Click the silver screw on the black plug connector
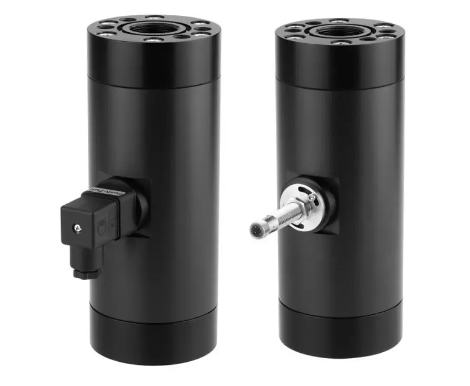click(78, 227)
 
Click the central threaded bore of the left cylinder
click(154, 27)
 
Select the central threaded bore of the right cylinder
click(339, 31)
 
